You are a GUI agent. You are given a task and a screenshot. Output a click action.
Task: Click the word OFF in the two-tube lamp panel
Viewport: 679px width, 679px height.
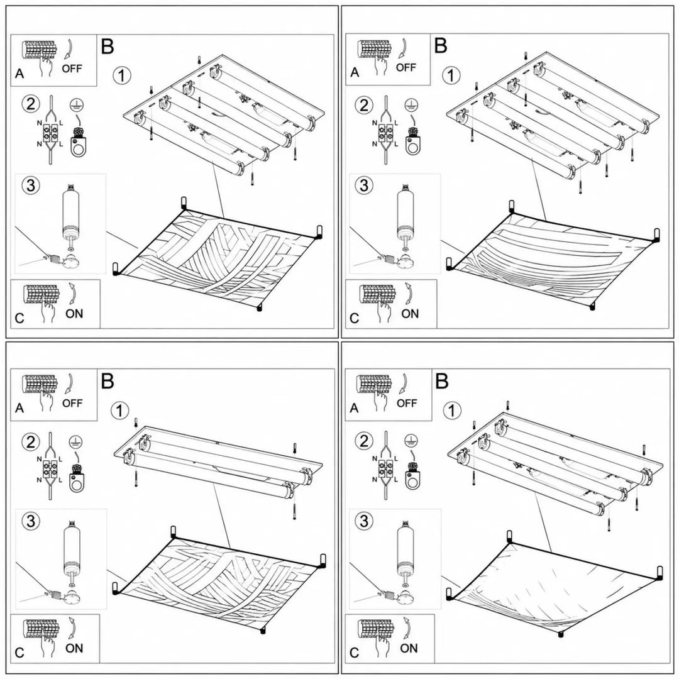(72, 403)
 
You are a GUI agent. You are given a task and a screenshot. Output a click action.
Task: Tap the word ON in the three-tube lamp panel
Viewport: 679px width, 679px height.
(409, 648)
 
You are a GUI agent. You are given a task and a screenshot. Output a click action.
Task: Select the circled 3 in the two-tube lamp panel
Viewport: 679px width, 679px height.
(30, 521)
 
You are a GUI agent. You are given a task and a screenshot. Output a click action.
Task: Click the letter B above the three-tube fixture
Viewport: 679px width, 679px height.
(442, 382)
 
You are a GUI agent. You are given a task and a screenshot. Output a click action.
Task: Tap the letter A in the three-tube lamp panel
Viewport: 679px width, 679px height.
(354, 409)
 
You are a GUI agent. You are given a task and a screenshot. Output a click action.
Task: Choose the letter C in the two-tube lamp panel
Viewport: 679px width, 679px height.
(19, 653)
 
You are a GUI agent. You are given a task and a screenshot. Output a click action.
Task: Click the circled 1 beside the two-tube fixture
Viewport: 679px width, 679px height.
(120, 411)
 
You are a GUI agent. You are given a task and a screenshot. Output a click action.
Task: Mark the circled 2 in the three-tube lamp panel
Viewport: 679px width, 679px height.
(364, 441)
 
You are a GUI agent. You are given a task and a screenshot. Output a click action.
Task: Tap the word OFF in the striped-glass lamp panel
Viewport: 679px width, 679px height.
(406, 67)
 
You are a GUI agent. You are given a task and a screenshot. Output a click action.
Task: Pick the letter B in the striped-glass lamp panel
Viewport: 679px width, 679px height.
(441, 45)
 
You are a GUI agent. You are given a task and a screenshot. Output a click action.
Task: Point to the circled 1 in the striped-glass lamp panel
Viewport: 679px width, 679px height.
(451, 75)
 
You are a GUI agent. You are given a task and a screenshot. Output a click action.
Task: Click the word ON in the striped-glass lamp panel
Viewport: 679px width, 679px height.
(410, 314)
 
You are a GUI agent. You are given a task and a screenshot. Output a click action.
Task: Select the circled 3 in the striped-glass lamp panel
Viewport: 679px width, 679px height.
(364, 185)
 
